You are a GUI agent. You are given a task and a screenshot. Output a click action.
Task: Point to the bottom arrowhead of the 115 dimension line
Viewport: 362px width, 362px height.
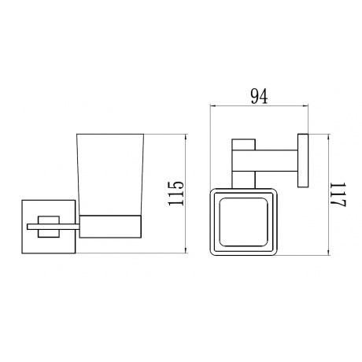coord(186,252)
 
